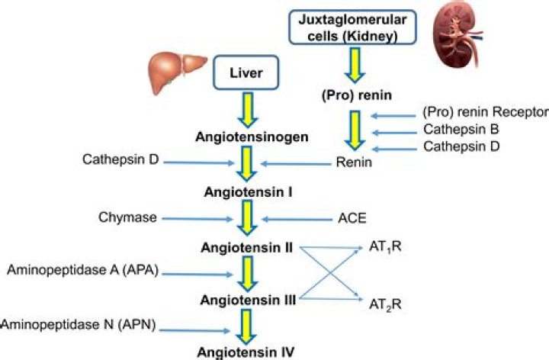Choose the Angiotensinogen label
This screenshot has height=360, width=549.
[x=245, y=138]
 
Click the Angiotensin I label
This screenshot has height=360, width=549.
[x=245, y=191]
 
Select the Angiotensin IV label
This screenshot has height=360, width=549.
[x=245, y=352]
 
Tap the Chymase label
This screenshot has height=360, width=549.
[x=127, y=217]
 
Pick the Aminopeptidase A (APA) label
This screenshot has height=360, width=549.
[x=82, y=271]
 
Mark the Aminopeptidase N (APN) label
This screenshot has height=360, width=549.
[x=79, y=325]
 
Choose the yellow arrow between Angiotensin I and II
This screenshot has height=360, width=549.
[x=246, y=219]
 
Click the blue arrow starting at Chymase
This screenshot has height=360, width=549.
[x=194, y=218]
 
